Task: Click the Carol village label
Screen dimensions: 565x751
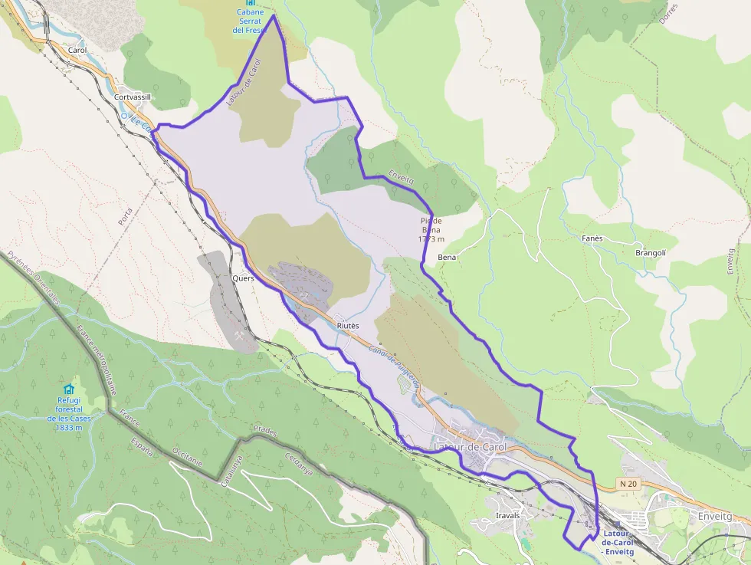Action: (x=77, y=50)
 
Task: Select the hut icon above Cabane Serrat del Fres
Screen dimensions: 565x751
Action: (x=250, y=4)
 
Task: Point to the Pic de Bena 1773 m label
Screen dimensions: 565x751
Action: (x=431, y=230)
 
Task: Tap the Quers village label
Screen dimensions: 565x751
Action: (x=243, y=278)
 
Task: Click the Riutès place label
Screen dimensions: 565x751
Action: (x=348, y=326)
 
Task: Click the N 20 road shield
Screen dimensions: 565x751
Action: (x=628, y=484)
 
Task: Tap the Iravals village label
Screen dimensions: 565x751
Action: (x=507, y=516)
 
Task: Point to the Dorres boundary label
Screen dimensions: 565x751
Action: (x=667, y=13)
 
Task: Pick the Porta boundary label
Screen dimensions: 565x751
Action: (x=126, y=215)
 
